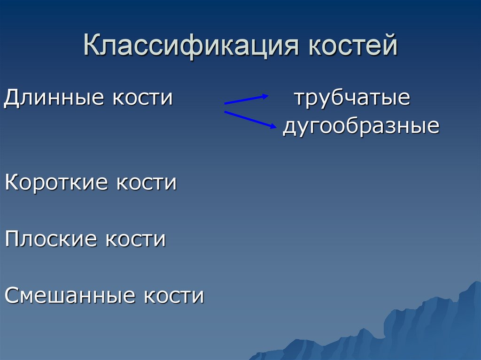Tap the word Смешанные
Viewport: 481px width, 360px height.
(x=71, y=296)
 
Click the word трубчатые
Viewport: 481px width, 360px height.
(x=352, y=99)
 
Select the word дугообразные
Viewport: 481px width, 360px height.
(x=361, y=127)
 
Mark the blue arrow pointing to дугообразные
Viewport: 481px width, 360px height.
(x=249, y=119)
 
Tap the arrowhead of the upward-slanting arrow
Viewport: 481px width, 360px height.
(x=265, y=96)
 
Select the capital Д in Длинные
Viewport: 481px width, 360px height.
(x=12, y=99)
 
